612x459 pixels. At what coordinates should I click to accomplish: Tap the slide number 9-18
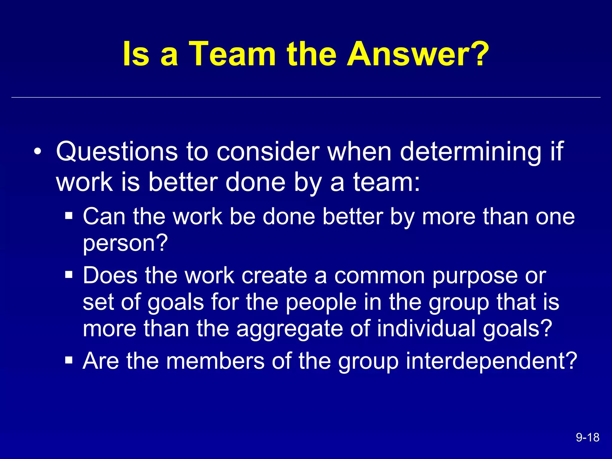click(587, 437)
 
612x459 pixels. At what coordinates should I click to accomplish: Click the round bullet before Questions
click(37, 151)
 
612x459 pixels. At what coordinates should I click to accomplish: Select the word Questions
click(117, 152)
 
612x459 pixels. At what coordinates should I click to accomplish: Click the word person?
click(125, 243)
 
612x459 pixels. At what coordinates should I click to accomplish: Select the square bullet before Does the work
click(69, 274)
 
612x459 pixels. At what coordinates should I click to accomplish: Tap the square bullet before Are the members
click(69, 360)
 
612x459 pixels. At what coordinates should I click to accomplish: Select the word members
click(215, 361)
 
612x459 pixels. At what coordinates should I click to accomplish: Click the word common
click(379, 276)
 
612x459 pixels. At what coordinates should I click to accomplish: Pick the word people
click(321, 303)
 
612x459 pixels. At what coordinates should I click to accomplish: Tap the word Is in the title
click(136, 54)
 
